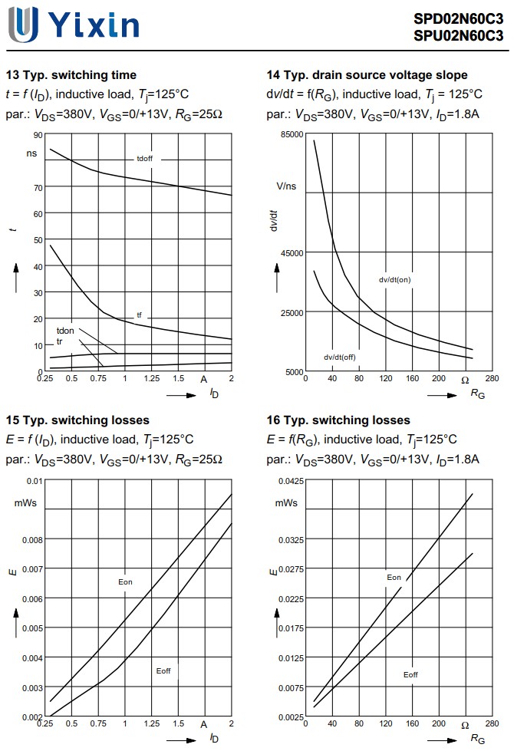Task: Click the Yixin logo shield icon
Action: tap(23, 25)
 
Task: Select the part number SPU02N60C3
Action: tap(458, 35)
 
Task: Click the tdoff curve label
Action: tap(144, 159)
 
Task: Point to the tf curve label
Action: tap(139, 315)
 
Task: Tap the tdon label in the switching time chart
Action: tap(65, 331)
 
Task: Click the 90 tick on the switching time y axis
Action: tap(38, 135)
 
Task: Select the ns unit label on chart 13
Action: tap(31, 153)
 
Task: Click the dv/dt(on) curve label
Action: tap(394, 280)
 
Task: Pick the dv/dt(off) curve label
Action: tap(339, 357)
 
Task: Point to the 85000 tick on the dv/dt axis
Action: tap(292, 134)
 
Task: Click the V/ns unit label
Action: tap(286, 186)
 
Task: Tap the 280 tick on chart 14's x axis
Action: tap(492, 378)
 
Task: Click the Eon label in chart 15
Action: tap(125, 582)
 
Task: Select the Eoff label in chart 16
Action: tap(410, 674)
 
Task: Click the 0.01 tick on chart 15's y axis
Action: tap(35, 481)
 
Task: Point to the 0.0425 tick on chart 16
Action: tap(290, 481)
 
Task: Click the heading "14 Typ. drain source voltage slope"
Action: tap(367, 75)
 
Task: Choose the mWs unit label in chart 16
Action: tap(286, 502)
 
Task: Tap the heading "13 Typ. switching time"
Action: tap(71, 75)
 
